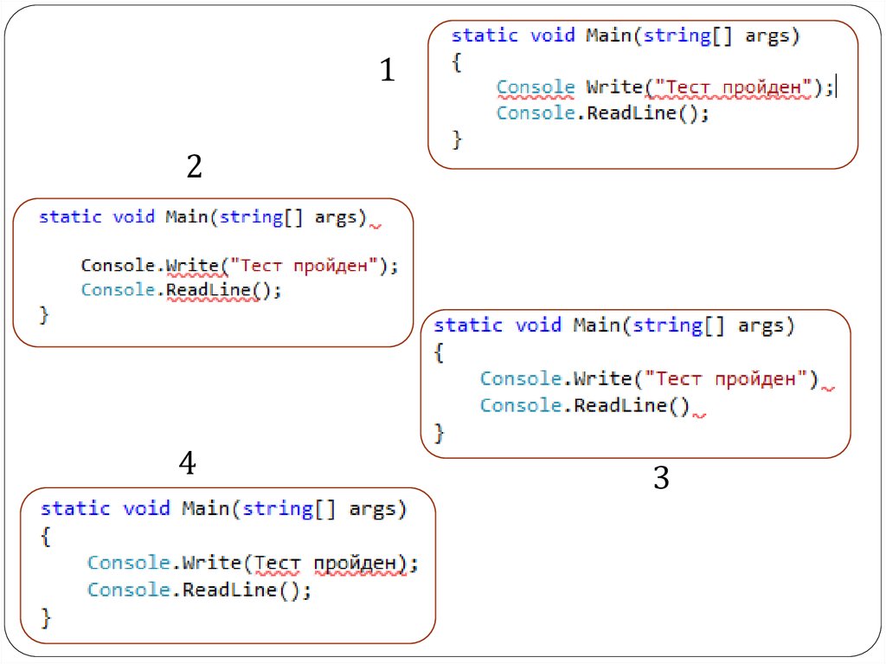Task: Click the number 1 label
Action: point(388,70)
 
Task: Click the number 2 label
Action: point(195,166)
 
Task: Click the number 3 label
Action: point(661,478)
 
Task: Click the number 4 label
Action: point(188,465)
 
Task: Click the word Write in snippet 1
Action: point(614,87)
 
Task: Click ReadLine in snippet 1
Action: point(631,113)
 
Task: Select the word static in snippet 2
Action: point(70,216)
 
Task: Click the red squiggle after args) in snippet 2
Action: point(376,226)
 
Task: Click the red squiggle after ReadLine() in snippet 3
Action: point(700,415)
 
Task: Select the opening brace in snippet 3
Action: point(439,352)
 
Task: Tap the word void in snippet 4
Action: point(146,508)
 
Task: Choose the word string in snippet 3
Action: point(666,326)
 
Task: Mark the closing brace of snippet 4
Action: point(47,617)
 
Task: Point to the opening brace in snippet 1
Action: point(457,62)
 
